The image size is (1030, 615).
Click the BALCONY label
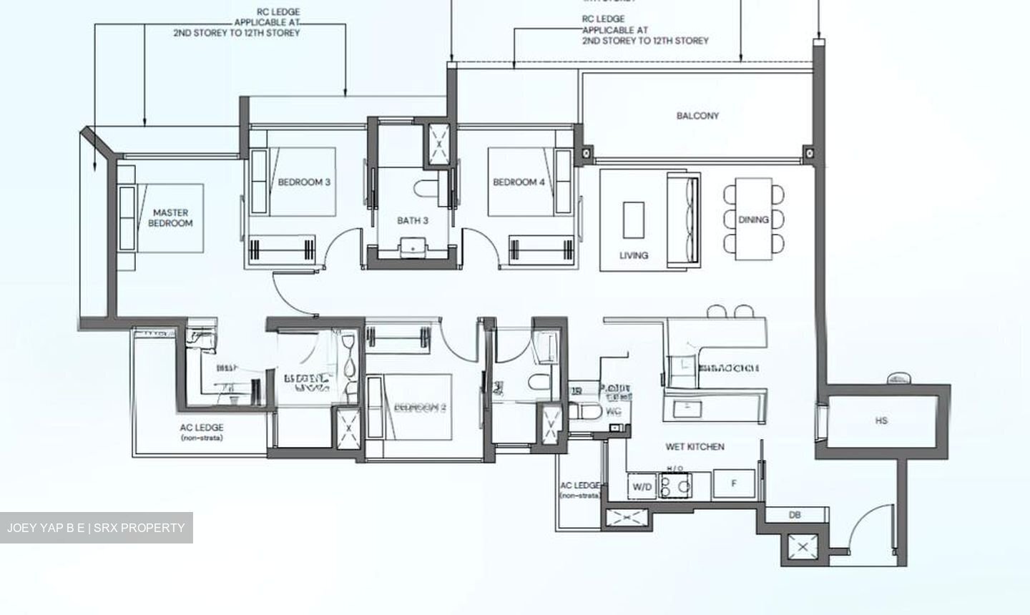(x=697, y=115)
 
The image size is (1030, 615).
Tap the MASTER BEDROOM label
(x=170, y=217)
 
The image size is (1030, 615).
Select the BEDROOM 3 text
(x=304, y=182)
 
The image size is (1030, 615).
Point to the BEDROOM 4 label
(x=519, y=182)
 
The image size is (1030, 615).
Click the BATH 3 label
(x=413, y=220)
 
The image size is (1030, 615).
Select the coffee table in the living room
(x=633, y=220)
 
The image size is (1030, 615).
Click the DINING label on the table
(x=753, y=220)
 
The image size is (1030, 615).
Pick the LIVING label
(x=634, y=255)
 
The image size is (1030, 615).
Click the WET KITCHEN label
(x=695, y=447)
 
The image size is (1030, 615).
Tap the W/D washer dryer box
(x=642, y=487)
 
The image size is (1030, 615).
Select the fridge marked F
(x=733, y=484)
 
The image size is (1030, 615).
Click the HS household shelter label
(x=881, y=420)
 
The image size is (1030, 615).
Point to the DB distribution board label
(x=795, y=515)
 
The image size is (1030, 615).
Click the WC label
(x=613, y=412)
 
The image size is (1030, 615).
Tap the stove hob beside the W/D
(x=675, y=486)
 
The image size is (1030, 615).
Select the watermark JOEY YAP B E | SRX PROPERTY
(x=96, y=528)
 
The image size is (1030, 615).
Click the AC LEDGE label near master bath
(x=201, y=432)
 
